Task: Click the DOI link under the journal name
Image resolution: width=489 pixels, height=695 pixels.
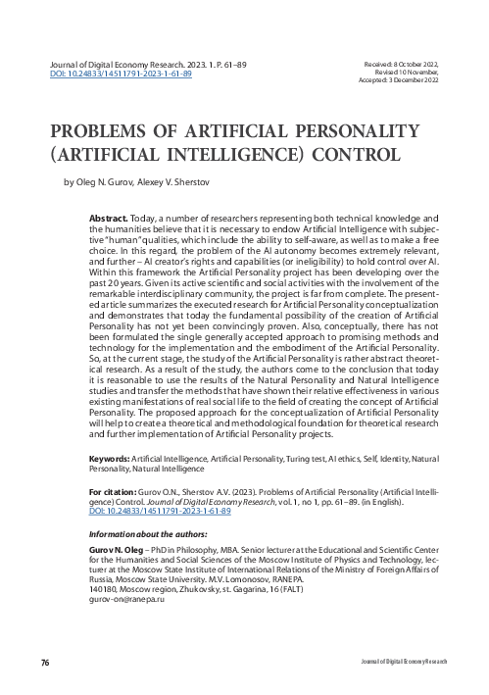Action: (121, 74)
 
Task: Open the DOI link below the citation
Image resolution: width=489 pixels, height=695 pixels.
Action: (160, 512)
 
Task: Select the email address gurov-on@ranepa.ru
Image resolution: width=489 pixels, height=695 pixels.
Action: (125, 598)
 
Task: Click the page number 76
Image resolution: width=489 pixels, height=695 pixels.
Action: (44, 665)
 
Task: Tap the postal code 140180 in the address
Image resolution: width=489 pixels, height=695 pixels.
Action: (101, 589)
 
